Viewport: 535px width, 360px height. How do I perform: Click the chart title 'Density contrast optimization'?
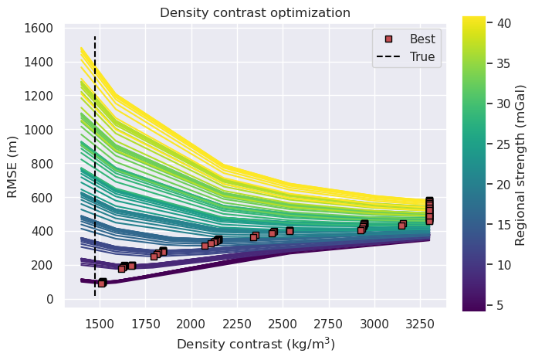click(x=255, y=12)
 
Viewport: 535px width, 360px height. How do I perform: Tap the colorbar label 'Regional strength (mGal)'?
click(x=521, y=163)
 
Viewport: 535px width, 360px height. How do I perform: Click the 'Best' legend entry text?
click(x=422, y=39)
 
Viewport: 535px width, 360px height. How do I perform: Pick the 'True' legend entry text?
click(x=422, y=56)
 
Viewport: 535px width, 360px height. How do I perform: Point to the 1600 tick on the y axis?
click(x=39, y=28)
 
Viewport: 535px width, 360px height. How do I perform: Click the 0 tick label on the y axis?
click(x=49, y=299)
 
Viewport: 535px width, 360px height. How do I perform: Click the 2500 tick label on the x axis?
click(x=283, y=324)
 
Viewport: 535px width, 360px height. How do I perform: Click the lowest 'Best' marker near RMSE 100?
click(x=101, y=284)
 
